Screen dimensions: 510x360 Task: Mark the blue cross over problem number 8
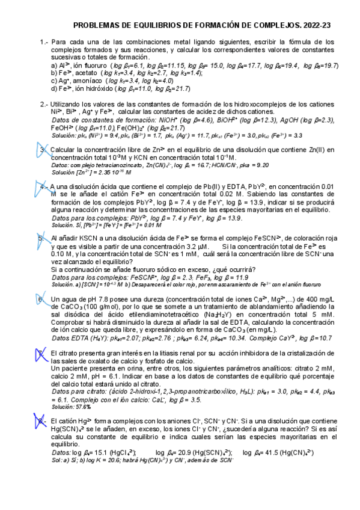point(41,421)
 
